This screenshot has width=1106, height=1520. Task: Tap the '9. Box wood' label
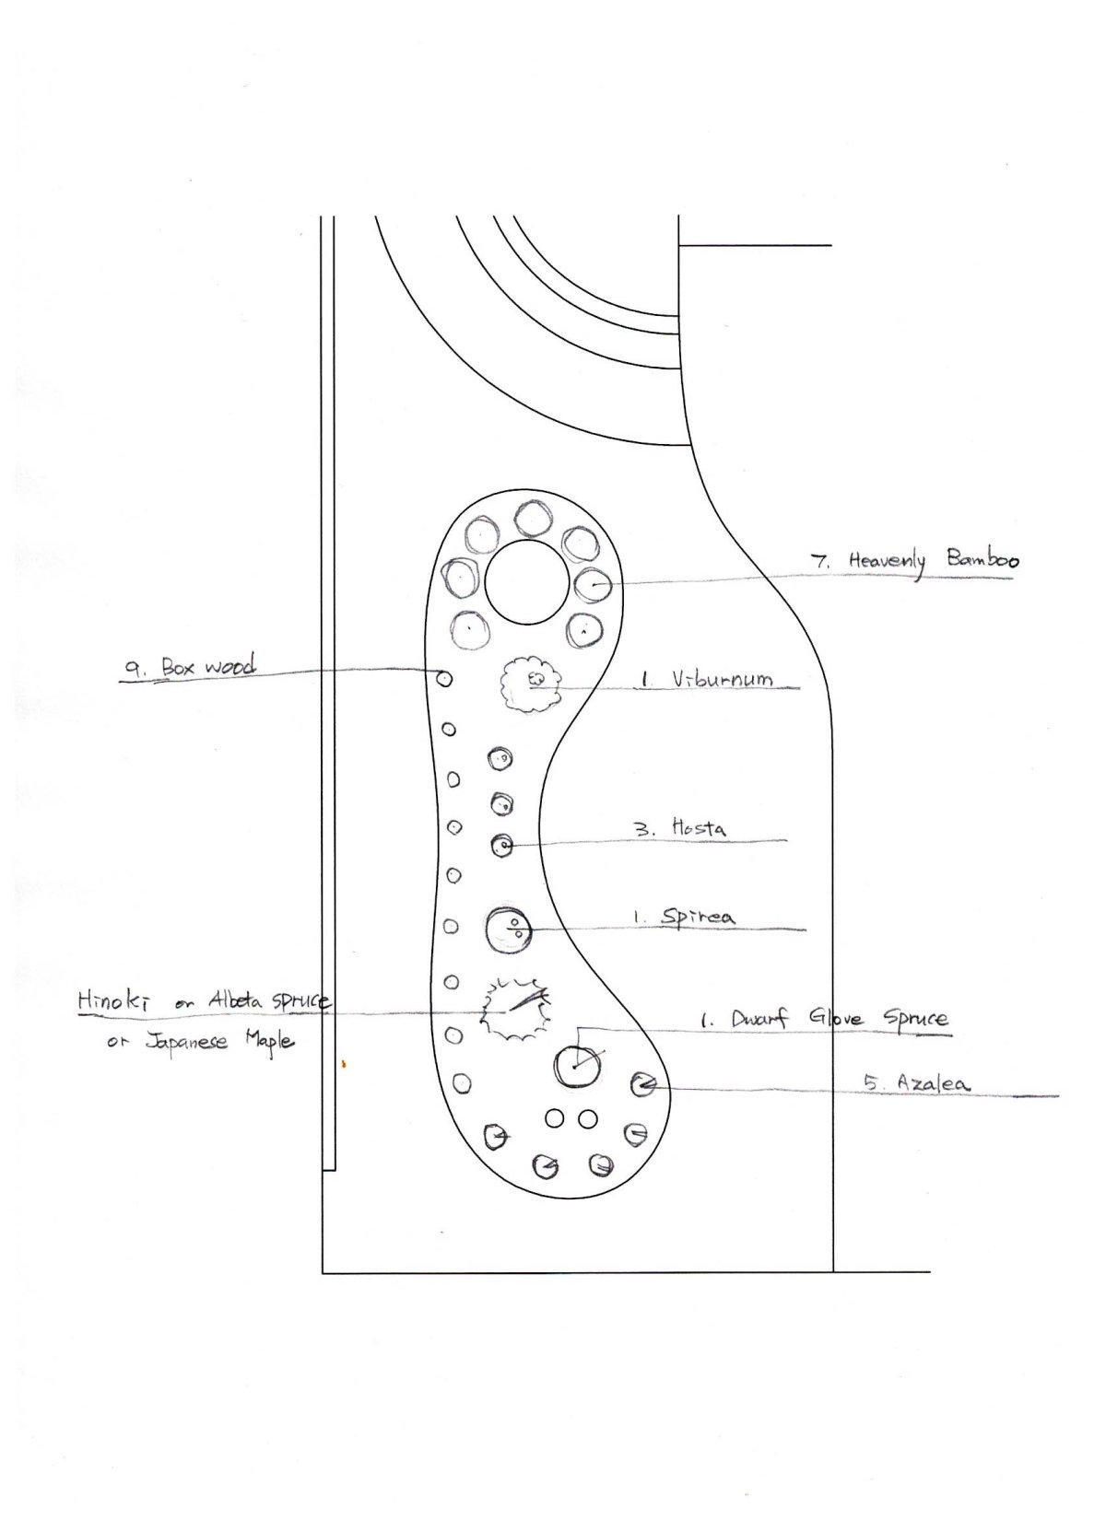[x=188, y=667]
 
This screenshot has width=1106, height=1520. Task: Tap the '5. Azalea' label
[x=918, y=1083]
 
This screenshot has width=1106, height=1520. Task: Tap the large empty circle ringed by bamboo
[x=526, y=582]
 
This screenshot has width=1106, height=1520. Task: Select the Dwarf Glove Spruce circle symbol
[x=577, y=1066]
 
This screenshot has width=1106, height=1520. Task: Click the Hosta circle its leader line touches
[x=502, y=845]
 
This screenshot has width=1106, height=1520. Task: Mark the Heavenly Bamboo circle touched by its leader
[x=594, y=584]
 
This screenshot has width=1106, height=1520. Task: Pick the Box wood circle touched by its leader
[x=444, y=678]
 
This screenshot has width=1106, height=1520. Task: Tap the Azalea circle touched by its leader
[x=642, y=1084]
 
